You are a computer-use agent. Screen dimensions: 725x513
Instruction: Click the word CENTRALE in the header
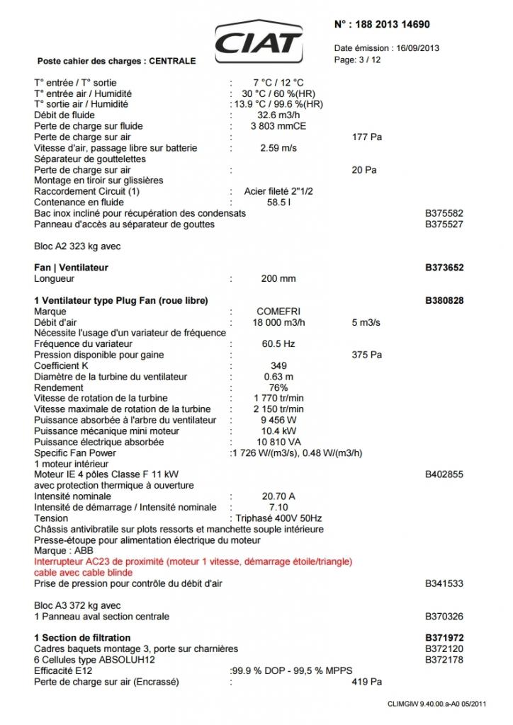coord(172,61)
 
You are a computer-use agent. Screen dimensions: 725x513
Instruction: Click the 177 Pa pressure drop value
coord(366,137)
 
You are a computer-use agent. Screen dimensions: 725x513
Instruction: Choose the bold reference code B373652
coord(444,268)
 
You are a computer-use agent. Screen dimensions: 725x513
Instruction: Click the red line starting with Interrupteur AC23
coord(193,561)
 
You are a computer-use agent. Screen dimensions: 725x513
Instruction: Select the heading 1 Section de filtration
coord(82,638)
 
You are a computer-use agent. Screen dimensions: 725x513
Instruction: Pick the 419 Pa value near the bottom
coord(366,682)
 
